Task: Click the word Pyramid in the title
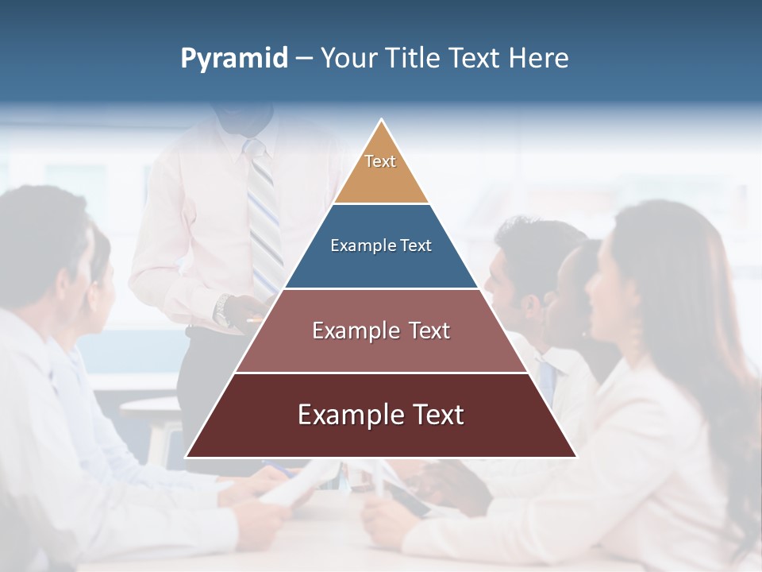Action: [234, 59]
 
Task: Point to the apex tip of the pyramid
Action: [381, 121]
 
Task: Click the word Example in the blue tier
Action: [354, 245]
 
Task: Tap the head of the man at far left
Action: [44, 238]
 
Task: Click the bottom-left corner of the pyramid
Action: [187, 457]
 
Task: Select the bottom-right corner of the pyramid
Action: [575, 457]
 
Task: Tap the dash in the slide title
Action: [304, 59]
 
